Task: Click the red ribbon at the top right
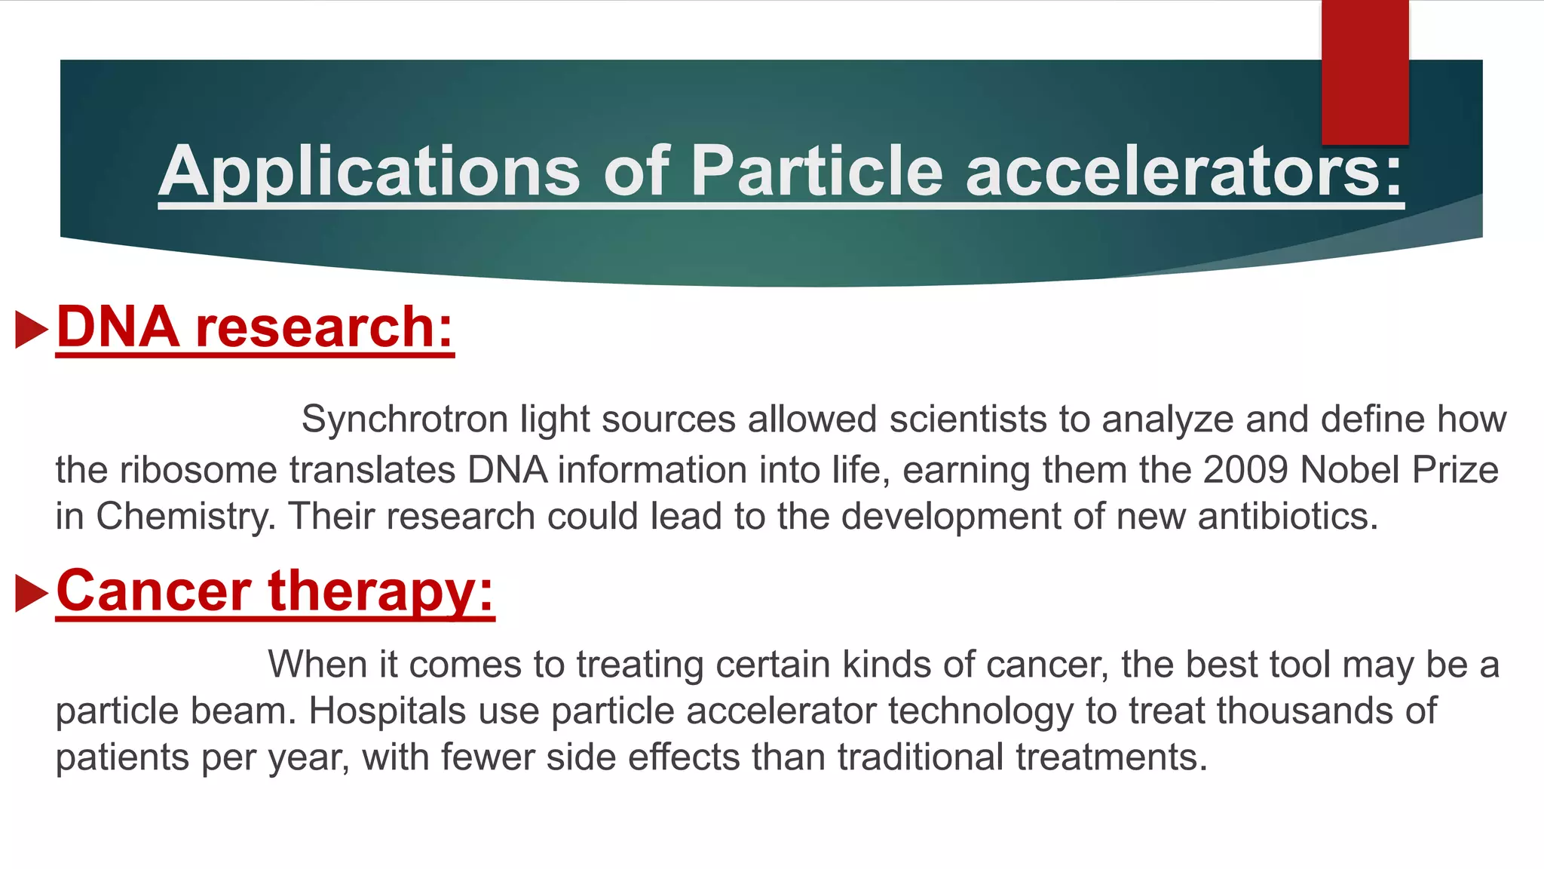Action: pos(1365,72)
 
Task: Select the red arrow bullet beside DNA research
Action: pos(31,330)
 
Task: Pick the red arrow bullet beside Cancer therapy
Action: pos(31,593)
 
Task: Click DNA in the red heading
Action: pos(118,327)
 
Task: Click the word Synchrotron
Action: pos(405,419)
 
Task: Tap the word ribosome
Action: pos(198,470)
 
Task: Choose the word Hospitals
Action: pos(388,711)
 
